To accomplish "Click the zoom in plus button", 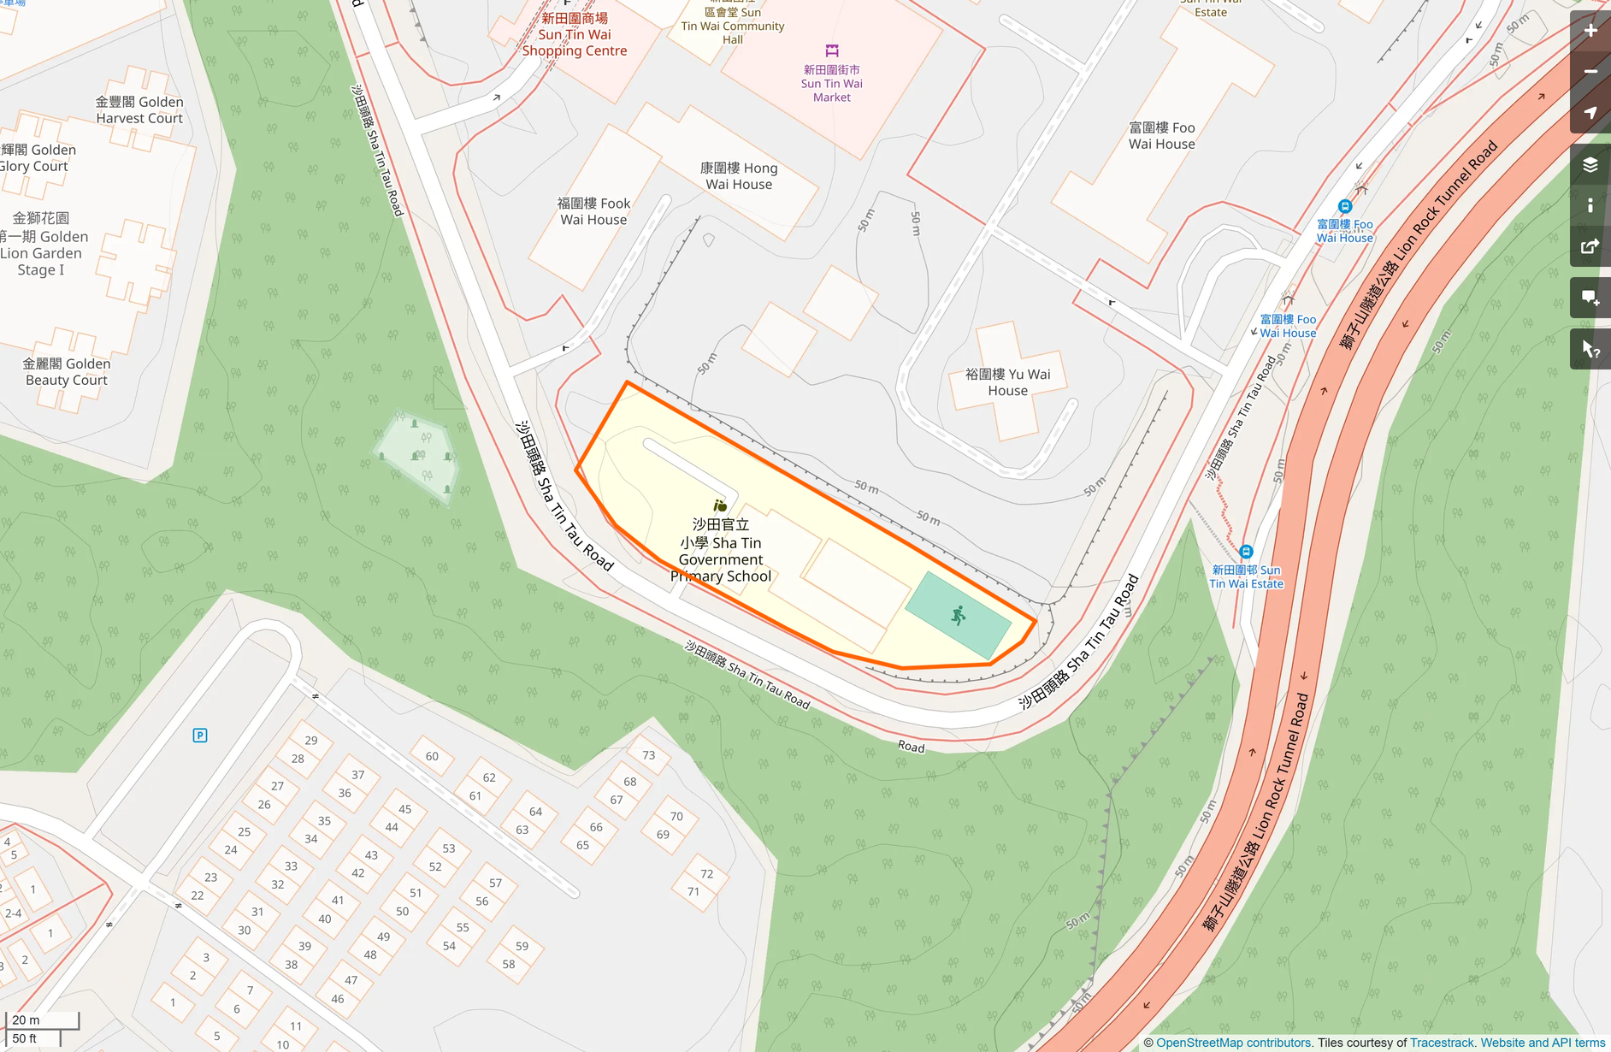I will [1590, 31].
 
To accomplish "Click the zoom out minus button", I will [1590, 72].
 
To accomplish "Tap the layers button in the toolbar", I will [1590, 164].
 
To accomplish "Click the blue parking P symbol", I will [200, 736].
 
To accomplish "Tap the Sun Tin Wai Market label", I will [831, 83].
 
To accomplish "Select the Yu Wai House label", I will [1007, 382].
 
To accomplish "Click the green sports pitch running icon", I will [959, 615].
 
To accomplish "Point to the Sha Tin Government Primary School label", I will [721, 551].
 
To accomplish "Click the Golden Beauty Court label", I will [67, 372].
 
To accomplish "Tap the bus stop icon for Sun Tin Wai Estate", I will [1246, 552].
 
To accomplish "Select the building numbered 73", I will [649, 755].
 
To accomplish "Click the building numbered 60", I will [432, 756].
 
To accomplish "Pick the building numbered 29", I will [311, 741].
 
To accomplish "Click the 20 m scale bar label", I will [27, 1020].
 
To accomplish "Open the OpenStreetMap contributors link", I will [1233, 1043].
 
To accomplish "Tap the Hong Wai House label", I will [739, 176].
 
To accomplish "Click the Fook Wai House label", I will [593, 211].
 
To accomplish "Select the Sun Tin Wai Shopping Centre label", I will [575, 35].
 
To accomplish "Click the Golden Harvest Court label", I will [139, 110].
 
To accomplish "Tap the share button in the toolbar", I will [1590, 247].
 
